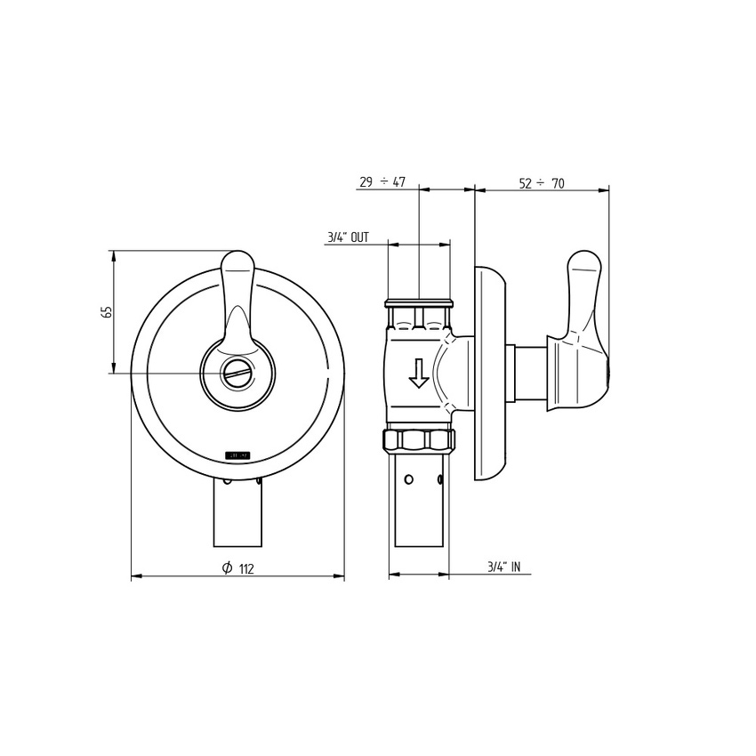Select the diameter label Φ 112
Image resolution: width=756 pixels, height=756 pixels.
click(x=237, y=568)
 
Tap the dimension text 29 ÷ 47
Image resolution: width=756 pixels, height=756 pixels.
click(x=382, y=182)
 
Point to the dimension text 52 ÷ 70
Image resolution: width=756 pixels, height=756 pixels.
click(x=542, y=183)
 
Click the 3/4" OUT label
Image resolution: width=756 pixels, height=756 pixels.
click(x=347, y=237)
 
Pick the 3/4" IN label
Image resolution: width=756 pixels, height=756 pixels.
click(x=503, y=567)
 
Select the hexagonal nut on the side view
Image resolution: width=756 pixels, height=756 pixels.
click(x=419, y=438)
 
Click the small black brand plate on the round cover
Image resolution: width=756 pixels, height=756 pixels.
click(x=237, y=454)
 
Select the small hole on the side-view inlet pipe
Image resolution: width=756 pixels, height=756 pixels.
click(x=408, y=480)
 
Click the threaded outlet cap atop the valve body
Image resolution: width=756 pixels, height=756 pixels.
click(x=419, y=305)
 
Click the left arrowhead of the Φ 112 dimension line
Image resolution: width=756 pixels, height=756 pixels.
click(x=134, y=576)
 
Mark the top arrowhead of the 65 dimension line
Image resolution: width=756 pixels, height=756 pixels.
click(x=113, y=254)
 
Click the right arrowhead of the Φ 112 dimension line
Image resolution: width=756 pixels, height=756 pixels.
click(x=341, y=576)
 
